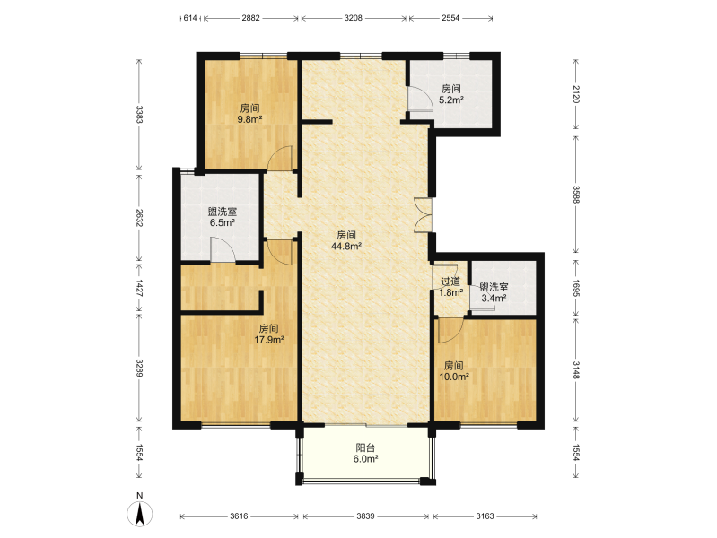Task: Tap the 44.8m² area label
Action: tap(346, 241)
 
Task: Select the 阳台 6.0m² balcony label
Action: tap(365, 454)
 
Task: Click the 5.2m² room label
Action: tap(450, 94)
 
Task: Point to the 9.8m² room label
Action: tap(249, 114)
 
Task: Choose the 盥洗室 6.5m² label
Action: tap(223, 217)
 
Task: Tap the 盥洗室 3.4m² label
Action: tap(494, 292)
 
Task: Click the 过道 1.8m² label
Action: tap(450, 287)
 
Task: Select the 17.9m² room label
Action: tap(269, 334)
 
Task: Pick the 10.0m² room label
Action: tap(453, 371)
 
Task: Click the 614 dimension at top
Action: tap(189, 18)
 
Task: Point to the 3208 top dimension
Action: tap(353, 18)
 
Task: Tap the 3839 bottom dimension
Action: tap(365, 516)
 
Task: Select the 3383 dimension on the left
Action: tap(139, 115)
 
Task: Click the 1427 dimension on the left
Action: tap(139, 289)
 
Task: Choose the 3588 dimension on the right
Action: tap(576, 195)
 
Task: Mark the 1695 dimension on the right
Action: tap(576, 289)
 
